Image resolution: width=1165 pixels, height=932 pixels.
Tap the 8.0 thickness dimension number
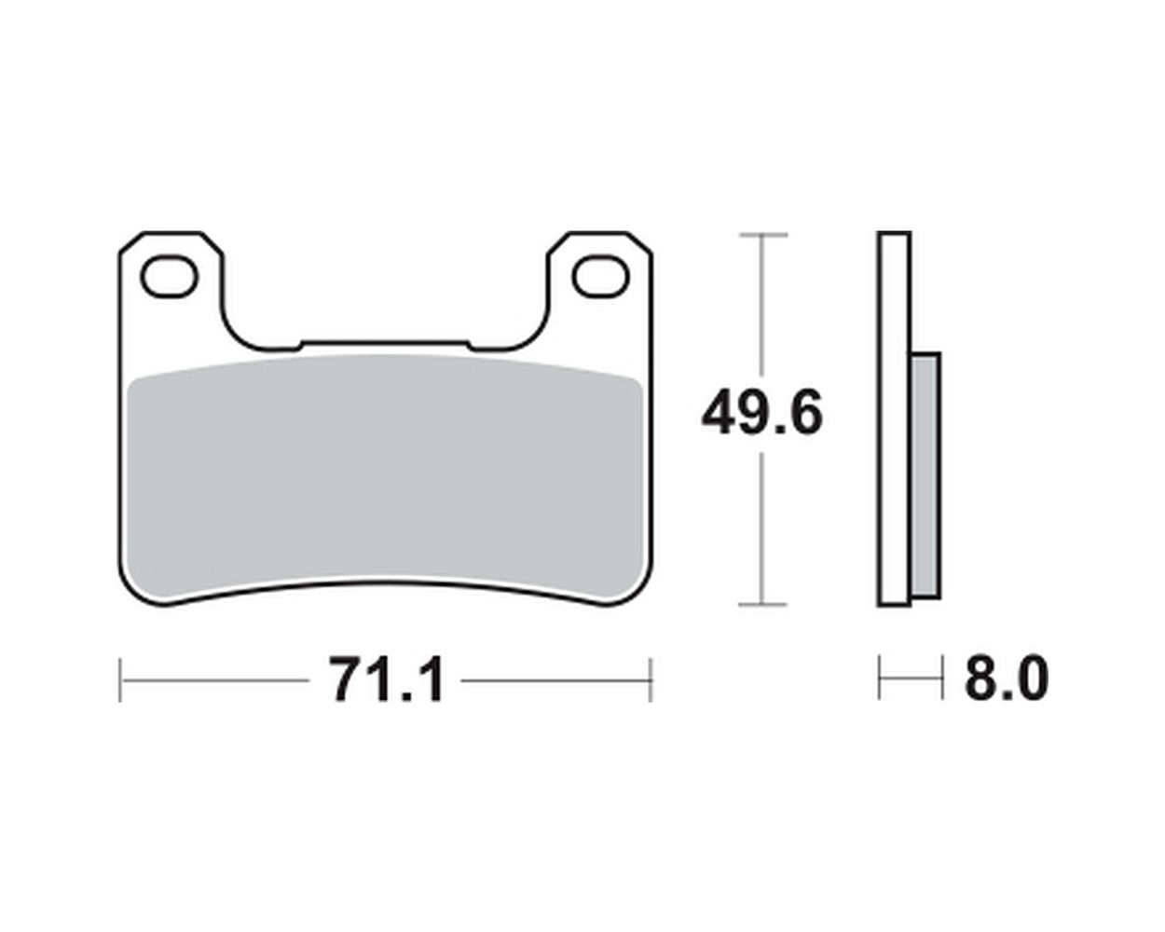(x=1007, y=679)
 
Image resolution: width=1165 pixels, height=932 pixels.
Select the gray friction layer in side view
(x=925, y=475)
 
